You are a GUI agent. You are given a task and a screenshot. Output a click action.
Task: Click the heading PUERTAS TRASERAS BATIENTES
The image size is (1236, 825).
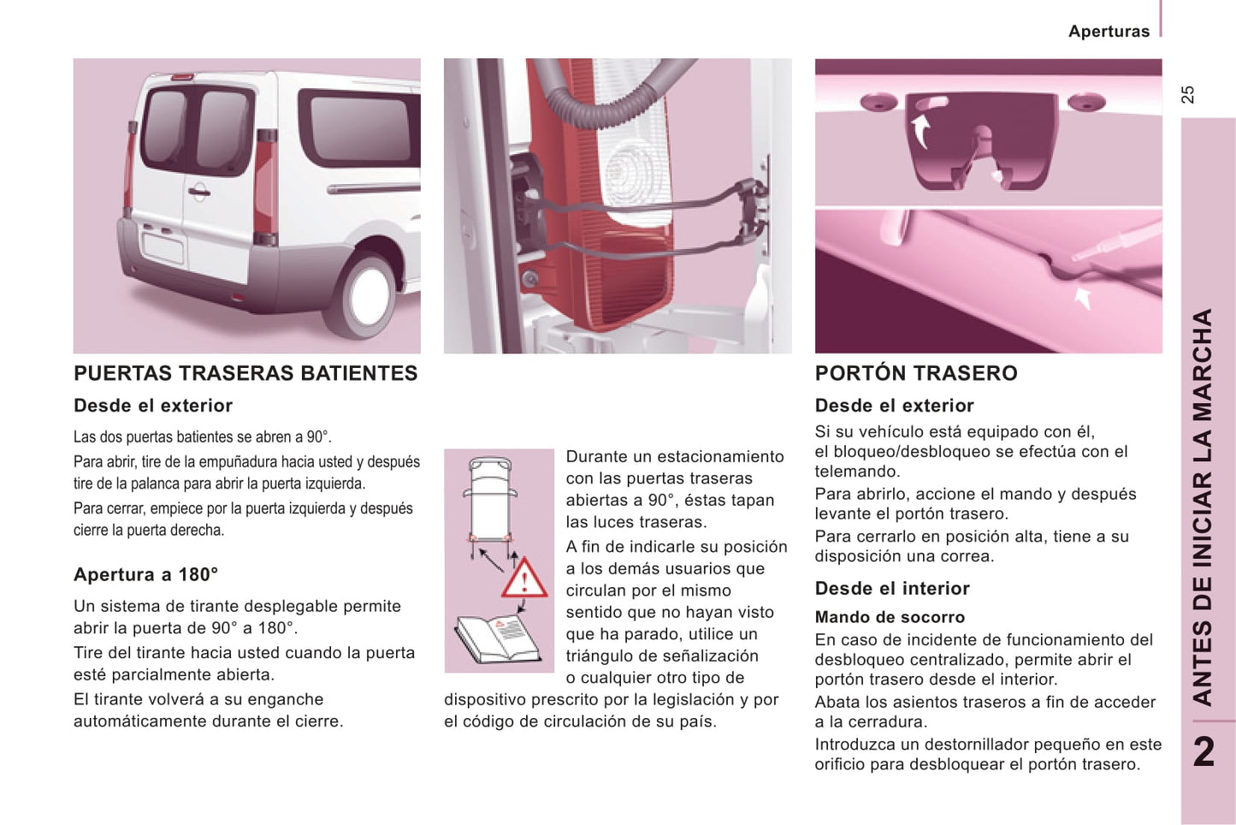[245, 373]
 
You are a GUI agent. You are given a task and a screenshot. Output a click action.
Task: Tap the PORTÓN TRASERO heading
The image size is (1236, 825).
[916, 373]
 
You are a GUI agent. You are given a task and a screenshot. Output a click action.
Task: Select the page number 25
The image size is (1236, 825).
[1188, 94]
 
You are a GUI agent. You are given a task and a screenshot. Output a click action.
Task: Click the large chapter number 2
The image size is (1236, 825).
[1204, 751]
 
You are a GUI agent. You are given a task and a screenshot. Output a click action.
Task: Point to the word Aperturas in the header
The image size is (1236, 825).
[1109, 32]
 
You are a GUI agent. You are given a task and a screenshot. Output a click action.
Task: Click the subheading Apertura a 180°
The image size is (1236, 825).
[146, 575]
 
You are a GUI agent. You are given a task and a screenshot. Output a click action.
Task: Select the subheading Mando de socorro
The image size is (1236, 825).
[890, 617]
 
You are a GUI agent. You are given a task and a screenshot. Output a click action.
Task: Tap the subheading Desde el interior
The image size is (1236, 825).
[892, 589]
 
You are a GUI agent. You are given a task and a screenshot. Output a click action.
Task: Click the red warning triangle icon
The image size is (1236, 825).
[524, 578]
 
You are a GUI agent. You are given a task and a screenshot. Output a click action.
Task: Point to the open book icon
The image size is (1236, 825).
[497, 639]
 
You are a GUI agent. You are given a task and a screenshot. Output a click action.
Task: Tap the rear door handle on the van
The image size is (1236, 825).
[198, 193]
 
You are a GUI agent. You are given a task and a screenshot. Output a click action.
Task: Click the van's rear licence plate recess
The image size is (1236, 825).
[164, 249]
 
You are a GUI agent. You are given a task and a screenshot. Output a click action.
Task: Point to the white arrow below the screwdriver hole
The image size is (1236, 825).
[1083, 299]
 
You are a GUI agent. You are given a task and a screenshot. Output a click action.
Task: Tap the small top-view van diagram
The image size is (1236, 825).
[490, 508]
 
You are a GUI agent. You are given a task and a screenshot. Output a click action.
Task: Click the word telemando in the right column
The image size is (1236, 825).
[857, 472]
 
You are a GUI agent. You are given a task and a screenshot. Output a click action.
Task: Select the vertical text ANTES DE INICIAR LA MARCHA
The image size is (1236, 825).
[1203, 507]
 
